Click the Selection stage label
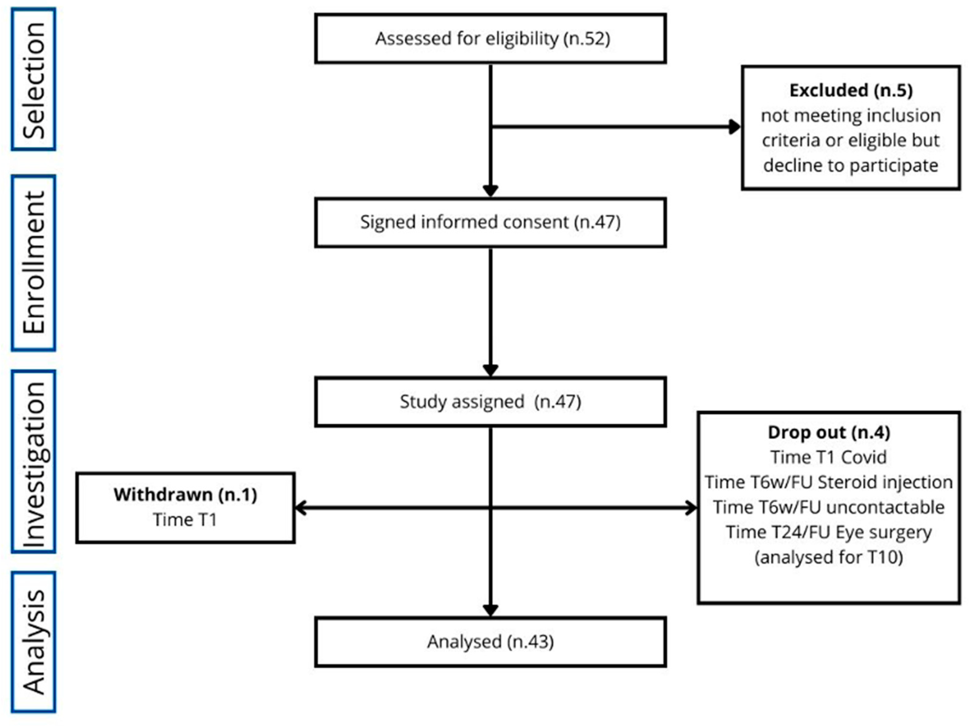(x=33, y=79)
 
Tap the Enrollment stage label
(x=33, y=262)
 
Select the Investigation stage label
(x=33, y=461)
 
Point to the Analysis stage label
(x=33, y=642)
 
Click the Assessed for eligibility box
(x=490, y=39)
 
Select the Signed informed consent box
(x=490, y=222)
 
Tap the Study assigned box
(x=490, y=401)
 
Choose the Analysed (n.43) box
(x=490, y=642)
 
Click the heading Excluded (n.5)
(x=851, y=90)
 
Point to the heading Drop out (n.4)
(x=829, y=433)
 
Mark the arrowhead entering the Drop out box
(x=691, y=508)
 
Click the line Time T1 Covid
(x=829, y=457)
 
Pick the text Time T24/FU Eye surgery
(x=829, y=532)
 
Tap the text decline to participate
(x=851, y=166)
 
